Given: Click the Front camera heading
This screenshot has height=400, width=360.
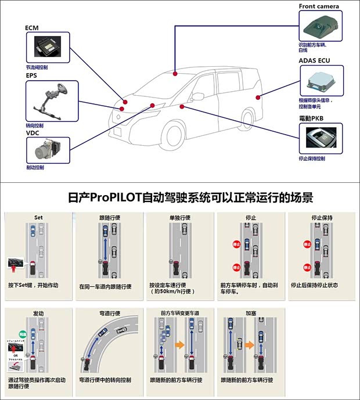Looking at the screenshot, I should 319,6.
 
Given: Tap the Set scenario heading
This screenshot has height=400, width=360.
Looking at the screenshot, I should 38,218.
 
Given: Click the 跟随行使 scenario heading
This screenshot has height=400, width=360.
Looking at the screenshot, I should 109,218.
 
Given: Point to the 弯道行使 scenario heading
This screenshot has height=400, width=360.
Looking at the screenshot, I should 109,313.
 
